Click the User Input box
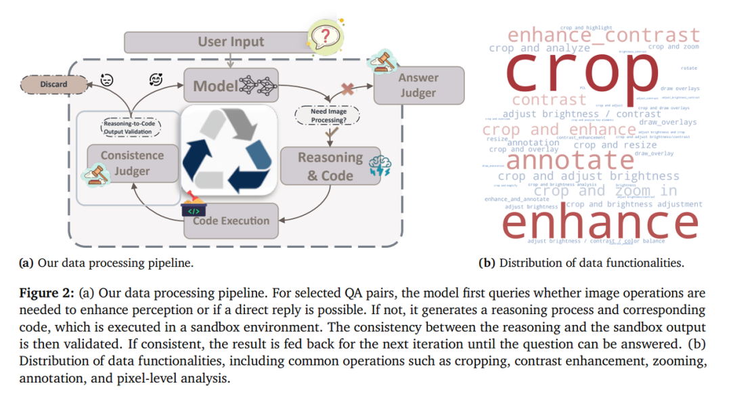click(x=231, y=42)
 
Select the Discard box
click(x=53, y=85)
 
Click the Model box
click(x=231, y=85)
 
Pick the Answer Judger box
click(x=418, y=85)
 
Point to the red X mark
click(x=347, y=89)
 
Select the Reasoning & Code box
click(x=330, y=166)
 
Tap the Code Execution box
click(x=231, y=220)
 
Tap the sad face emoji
click(x=107, y=80)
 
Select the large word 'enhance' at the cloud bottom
click(x=599, y=222)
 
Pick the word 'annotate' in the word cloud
click(x=570, y=160)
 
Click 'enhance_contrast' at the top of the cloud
click(x=604, y=35)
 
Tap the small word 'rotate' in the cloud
click(x=690, y=68)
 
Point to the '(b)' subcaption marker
click(x=487, y=263)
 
